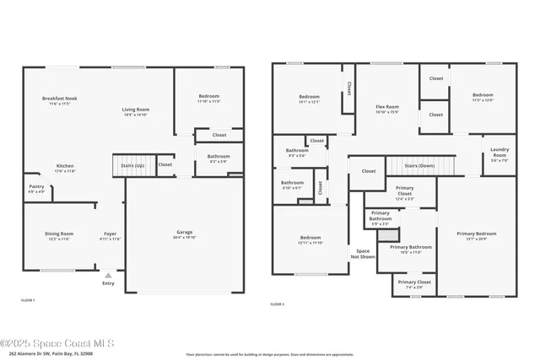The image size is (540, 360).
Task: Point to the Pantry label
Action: [36, 188]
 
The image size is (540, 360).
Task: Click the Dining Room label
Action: [59, 235]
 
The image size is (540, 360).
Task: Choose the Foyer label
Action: [111, 235]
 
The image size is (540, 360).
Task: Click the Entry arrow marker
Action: [108, 274]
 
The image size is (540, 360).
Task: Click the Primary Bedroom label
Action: [477, 235]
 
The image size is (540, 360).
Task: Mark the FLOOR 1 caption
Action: [28, 300]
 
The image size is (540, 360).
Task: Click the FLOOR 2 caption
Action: [277, 304]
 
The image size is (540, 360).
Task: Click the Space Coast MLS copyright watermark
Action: [62, 343]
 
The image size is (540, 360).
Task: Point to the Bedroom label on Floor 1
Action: [209, 98]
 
